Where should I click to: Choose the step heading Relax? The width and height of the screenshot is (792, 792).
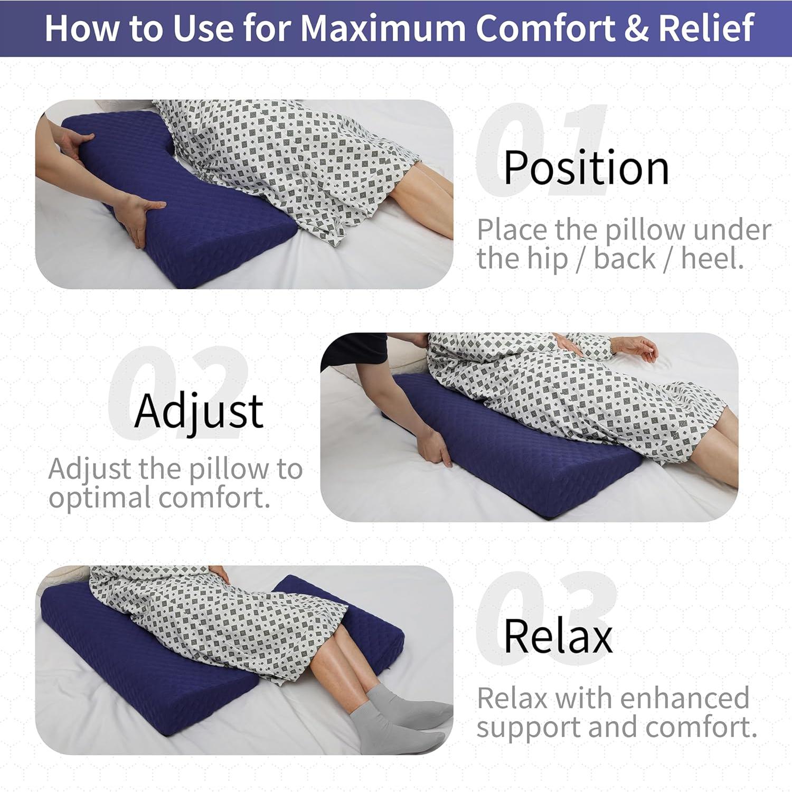558,636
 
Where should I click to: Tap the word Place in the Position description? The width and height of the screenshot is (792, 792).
512,230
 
